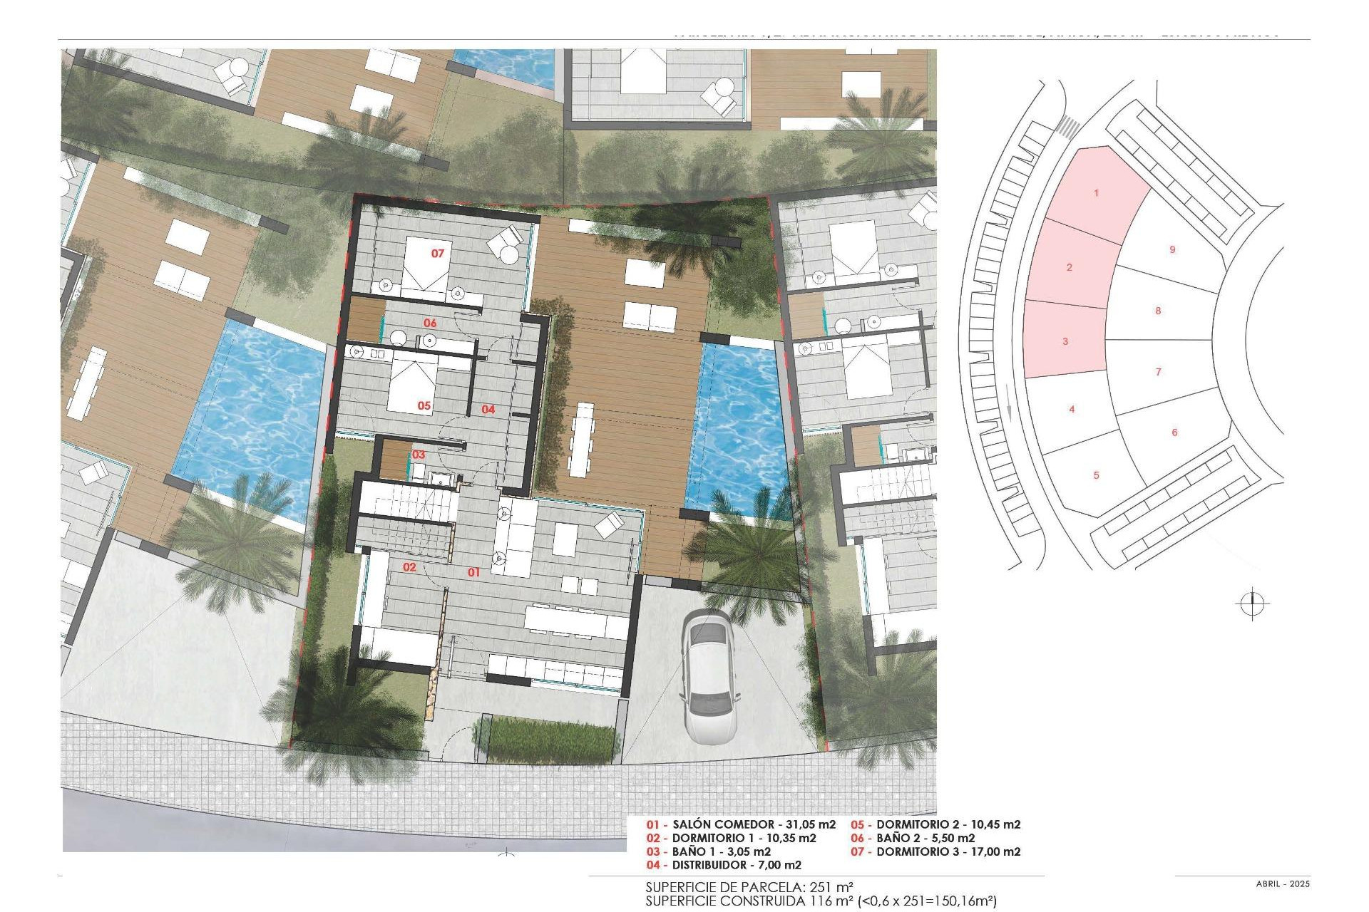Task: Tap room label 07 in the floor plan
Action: coord(437,253)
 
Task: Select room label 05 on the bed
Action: coord(424,405)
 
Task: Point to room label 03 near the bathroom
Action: coord(419,455)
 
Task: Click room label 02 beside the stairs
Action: coord(409,567)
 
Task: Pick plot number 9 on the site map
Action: coord(1172,249)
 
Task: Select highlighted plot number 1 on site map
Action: coord(1096,193)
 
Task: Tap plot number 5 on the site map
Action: coord(1096,475)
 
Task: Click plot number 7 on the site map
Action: coord(1158,371)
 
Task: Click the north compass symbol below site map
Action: coord(1252,604)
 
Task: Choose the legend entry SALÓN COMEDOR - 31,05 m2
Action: coord(741,824)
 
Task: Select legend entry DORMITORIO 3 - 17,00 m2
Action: coord(935,851)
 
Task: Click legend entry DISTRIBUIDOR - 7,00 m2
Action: coord(724,865)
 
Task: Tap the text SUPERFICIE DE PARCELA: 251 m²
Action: coord(749,888)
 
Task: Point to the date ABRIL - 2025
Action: coord(1283,884)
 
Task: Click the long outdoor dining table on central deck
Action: coord(583,440)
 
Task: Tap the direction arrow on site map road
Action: coord(1008,413)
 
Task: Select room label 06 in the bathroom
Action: coord(430,323)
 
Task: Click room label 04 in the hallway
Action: coord(488,409)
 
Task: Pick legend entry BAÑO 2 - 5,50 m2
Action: coord(913,838)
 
